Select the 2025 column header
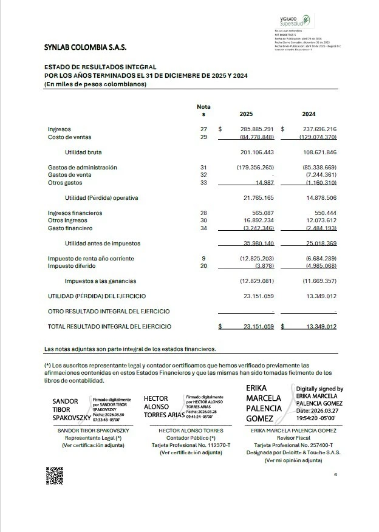point(246,114)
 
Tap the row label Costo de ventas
point(70,137)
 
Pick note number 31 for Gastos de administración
point(203,168)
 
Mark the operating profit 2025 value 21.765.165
point(259,198)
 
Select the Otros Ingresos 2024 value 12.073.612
point(319,220)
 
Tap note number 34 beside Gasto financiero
point(203,228)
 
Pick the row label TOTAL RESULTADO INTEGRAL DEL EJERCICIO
point(109,327)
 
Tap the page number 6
point(335,474)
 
